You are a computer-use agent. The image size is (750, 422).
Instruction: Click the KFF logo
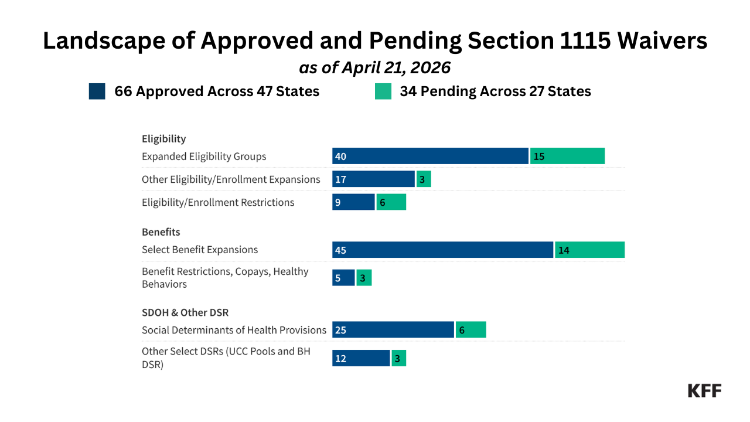[704, 390]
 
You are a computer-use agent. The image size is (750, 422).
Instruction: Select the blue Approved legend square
[97, 91]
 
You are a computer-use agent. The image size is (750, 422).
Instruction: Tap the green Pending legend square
[383, 91]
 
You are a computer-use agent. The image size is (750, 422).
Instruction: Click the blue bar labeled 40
[430, 156]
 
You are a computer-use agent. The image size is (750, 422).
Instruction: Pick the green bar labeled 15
[567, 156]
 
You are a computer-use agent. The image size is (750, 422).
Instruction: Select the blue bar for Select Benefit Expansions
[442, 250]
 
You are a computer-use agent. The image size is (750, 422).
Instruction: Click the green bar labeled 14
[589, 250]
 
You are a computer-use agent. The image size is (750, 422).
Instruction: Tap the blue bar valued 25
[393, 330]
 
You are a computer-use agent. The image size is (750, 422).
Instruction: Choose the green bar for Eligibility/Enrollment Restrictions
[391, 202]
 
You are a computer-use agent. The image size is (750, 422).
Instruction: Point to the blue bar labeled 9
[353, 202]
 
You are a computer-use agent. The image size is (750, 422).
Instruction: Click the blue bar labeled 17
[373, 179]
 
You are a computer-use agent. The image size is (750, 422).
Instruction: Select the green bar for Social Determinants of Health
[471, 330]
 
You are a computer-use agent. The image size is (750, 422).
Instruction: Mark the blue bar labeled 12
[361, 358]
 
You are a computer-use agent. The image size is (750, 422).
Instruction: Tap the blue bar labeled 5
[343, 278]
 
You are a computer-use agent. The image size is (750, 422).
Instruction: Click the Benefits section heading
[161, 232]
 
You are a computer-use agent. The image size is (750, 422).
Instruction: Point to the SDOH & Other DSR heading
[185, 312]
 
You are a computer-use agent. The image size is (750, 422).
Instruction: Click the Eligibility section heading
[163, 139]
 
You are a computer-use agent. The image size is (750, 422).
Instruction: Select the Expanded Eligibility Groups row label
[204, 156]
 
